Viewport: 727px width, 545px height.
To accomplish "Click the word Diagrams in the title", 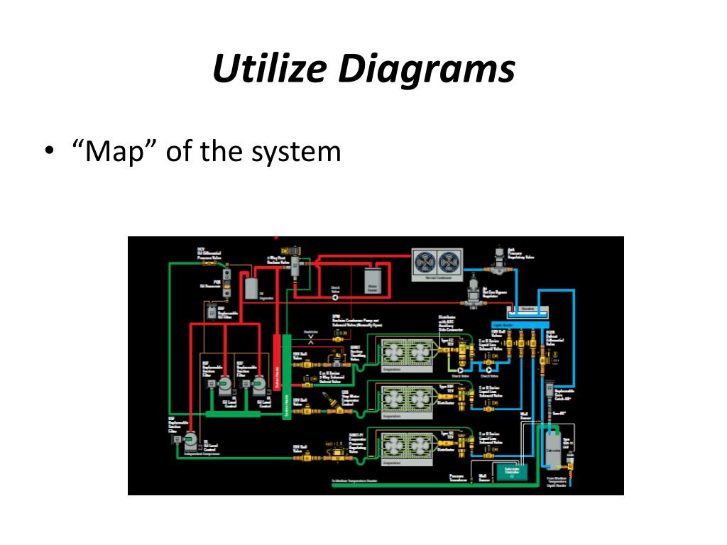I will (426, 70).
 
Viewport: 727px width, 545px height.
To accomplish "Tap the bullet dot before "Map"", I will (48, 152).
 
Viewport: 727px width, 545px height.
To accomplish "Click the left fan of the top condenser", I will (425, 263).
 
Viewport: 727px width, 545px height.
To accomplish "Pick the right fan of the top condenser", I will (451, 263).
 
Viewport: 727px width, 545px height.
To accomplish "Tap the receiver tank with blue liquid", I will (528, 311).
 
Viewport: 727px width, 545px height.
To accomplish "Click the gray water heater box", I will (373, 280).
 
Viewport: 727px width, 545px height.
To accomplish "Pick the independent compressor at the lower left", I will (190, 441).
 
